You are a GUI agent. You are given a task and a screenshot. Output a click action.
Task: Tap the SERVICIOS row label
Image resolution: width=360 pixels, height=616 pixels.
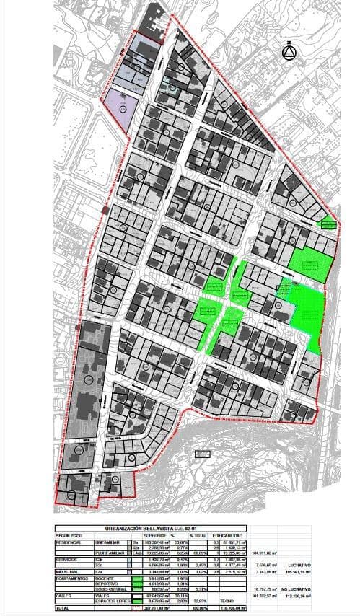[69, 560]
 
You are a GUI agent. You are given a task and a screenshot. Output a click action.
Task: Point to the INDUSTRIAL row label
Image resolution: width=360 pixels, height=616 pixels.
[69, 571]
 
